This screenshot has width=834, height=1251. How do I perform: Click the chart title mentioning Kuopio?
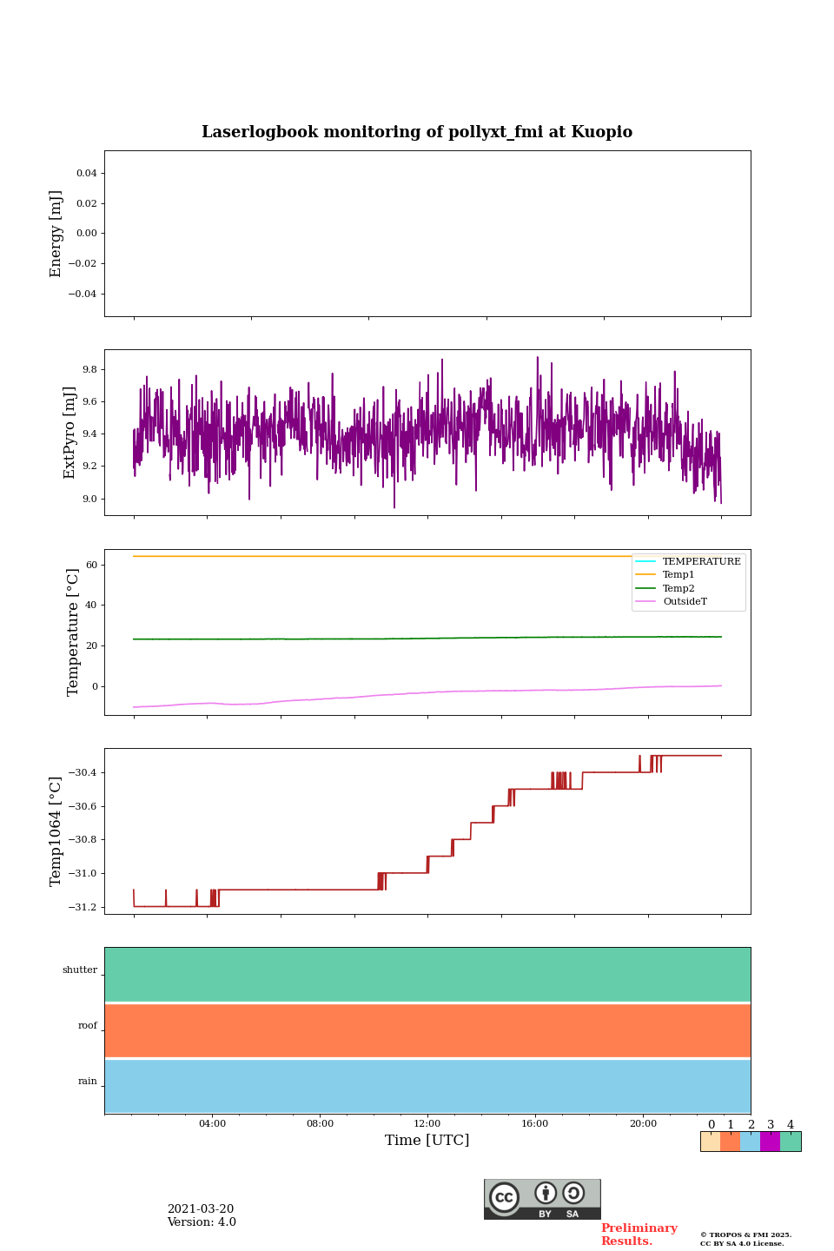coord(417,132)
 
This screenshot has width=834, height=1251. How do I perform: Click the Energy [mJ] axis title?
coord(56,234)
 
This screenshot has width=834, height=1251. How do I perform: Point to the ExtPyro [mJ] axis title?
coord(70,433)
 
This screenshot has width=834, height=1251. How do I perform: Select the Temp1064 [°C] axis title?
coord(56,831)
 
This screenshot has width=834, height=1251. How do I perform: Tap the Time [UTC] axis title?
coord(427,1140)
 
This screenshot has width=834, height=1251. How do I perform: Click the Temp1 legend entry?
coord(678,575)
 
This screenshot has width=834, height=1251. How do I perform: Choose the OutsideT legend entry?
coord(685,602)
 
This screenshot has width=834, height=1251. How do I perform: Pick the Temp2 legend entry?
coord(678,589)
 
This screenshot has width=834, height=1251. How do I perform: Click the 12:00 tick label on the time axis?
coord(427,1124)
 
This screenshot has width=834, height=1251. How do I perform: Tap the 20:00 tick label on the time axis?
coord(643,1124)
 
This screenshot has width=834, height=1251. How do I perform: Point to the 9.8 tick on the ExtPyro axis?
coord(89,369)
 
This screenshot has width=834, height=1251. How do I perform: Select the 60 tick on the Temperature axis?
coord(91,565)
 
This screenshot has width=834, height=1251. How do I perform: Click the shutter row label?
coord(80,970)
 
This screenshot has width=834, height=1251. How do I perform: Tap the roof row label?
coord(88,1026)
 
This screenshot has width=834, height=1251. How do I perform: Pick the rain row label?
coord(88,1082)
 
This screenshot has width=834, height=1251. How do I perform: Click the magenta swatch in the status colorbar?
coord(770,1142)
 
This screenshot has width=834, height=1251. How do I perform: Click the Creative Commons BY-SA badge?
coord(542,1199)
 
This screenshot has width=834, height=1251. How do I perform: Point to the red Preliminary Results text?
coord(639,1234)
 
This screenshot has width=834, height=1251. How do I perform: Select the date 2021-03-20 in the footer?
coord(201,1209)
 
